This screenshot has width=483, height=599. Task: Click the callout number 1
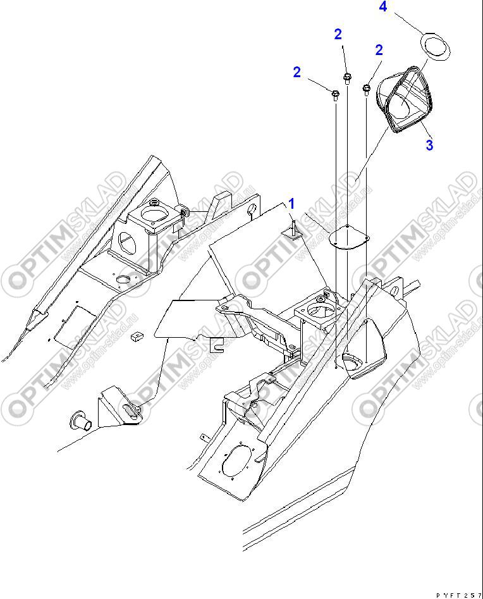[292, 204]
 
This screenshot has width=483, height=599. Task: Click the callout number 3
[429, 145]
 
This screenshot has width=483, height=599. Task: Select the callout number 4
[382, 8]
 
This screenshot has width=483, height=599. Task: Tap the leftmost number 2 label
[297, 72]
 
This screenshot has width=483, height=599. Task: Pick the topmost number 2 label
[338, 34]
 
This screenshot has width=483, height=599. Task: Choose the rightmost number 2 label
[379, 50]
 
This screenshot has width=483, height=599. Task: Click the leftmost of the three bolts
[335, 96]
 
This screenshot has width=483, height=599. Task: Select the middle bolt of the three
[347, 78]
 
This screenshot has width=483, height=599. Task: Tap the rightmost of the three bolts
[366, 89]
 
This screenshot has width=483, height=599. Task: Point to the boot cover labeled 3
[405, 101]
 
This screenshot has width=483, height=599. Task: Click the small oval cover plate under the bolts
[350, 238]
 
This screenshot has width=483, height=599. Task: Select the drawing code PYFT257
[459, 595]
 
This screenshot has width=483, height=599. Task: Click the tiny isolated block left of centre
[134, 337]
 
